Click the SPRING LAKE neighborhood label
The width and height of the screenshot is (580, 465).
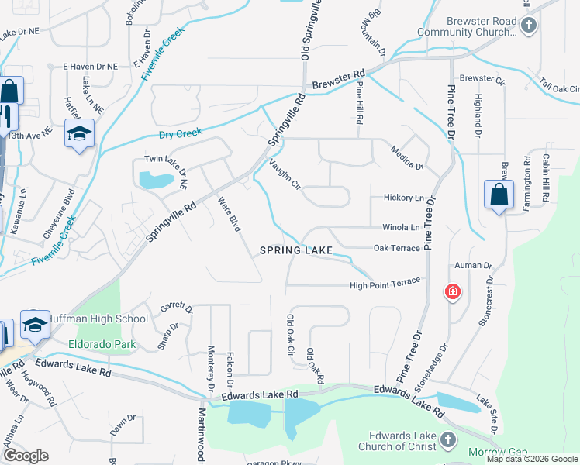[295, 250]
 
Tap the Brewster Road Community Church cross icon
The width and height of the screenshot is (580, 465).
[528, 26]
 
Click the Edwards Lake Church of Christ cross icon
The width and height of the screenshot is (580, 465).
[447, 441]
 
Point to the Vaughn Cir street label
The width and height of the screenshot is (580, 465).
[284, 174]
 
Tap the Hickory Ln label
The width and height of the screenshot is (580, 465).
[403, 198]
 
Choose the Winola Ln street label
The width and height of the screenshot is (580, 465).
[401, 228]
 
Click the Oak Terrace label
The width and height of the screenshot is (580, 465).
[396, 248]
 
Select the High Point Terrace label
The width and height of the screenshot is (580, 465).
[385, 283]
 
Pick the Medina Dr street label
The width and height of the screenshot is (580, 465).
[406, 157]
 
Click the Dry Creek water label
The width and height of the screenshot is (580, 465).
[180, 134]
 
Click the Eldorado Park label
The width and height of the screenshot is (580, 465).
[101, 344]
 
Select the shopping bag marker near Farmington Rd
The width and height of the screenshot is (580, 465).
[498, 196]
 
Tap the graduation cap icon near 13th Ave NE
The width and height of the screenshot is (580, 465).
[79, 135]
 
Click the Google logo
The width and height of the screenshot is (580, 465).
[25, 456]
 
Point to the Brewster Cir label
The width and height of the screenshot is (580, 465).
[482, 79]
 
